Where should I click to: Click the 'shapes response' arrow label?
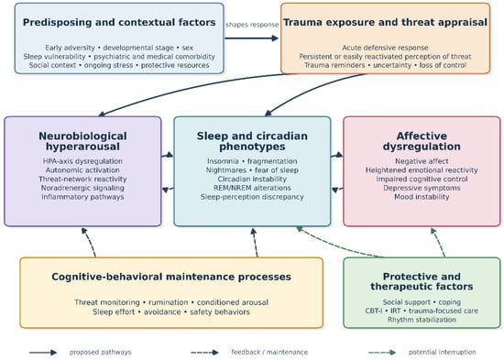(x=252, y=25)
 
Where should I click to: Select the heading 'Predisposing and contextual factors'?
(x=119, y=23)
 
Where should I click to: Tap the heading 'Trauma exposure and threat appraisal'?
(x=385, y=23)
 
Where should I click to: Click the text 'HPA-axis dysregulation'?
(x=82, y=161)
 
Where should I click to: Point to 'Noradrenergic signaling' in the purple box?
(x=82, y=188)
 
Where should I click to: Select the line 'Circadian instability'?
(x=252, y=179)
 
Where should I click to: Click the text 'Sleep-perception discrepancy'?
(x=252, y=197)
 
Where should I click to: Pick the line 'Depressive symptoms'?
(x=422, y=188)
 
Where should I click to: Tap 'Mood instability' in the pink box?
(x=422, y=197)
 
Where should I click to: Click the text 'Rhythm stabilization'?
(x=422, y=320)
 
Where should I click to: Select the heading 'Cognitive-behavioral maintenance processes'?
(x=171, y=277)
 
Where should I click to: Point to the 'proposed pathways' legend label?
(x=100, y=353)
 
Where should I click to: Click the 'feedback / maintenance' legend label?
(x=269, y=353)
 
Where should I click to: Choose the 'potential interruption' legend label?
(x=442, y=353)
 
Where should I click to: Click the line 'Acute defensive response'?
(x=385, y=48)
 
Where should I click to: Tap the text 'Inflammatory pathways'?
(x=82, y=197)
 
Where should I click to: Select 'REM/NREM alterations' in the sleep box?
(x=252, y=188)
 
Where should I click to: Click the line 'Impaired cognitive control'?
(x=422, y=179)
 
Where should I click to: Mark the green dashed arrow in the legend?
(x=382, y=353)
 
